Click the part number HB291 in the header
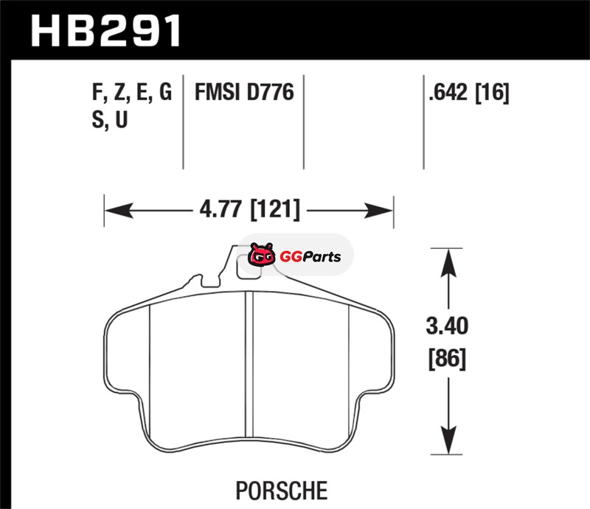point(105,31)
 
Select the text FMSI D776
point(244,92)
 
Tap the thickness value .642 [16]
point(469,93)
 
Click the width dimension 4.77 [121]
point(249,210)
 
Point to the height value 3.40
point(447,326)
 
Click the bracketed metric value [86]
point(448,358)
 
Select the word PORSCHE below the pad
point(282,490)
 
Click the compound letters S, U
point(110,120)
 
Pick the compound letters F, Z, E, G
point(132,93)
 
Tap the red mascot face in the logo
point(261,255)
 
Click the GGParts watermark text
point(310,257)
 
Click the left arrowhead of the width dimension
point(119,210)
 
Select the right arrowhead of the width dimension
point(378,211)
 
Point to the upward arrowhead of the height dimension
point(448,263)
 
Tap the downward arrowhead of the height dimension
point(448,440)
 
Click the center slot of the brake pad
point(249,365)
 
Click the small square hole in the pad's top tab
point(249,267)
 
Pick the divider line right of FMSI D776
point(304,122)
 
